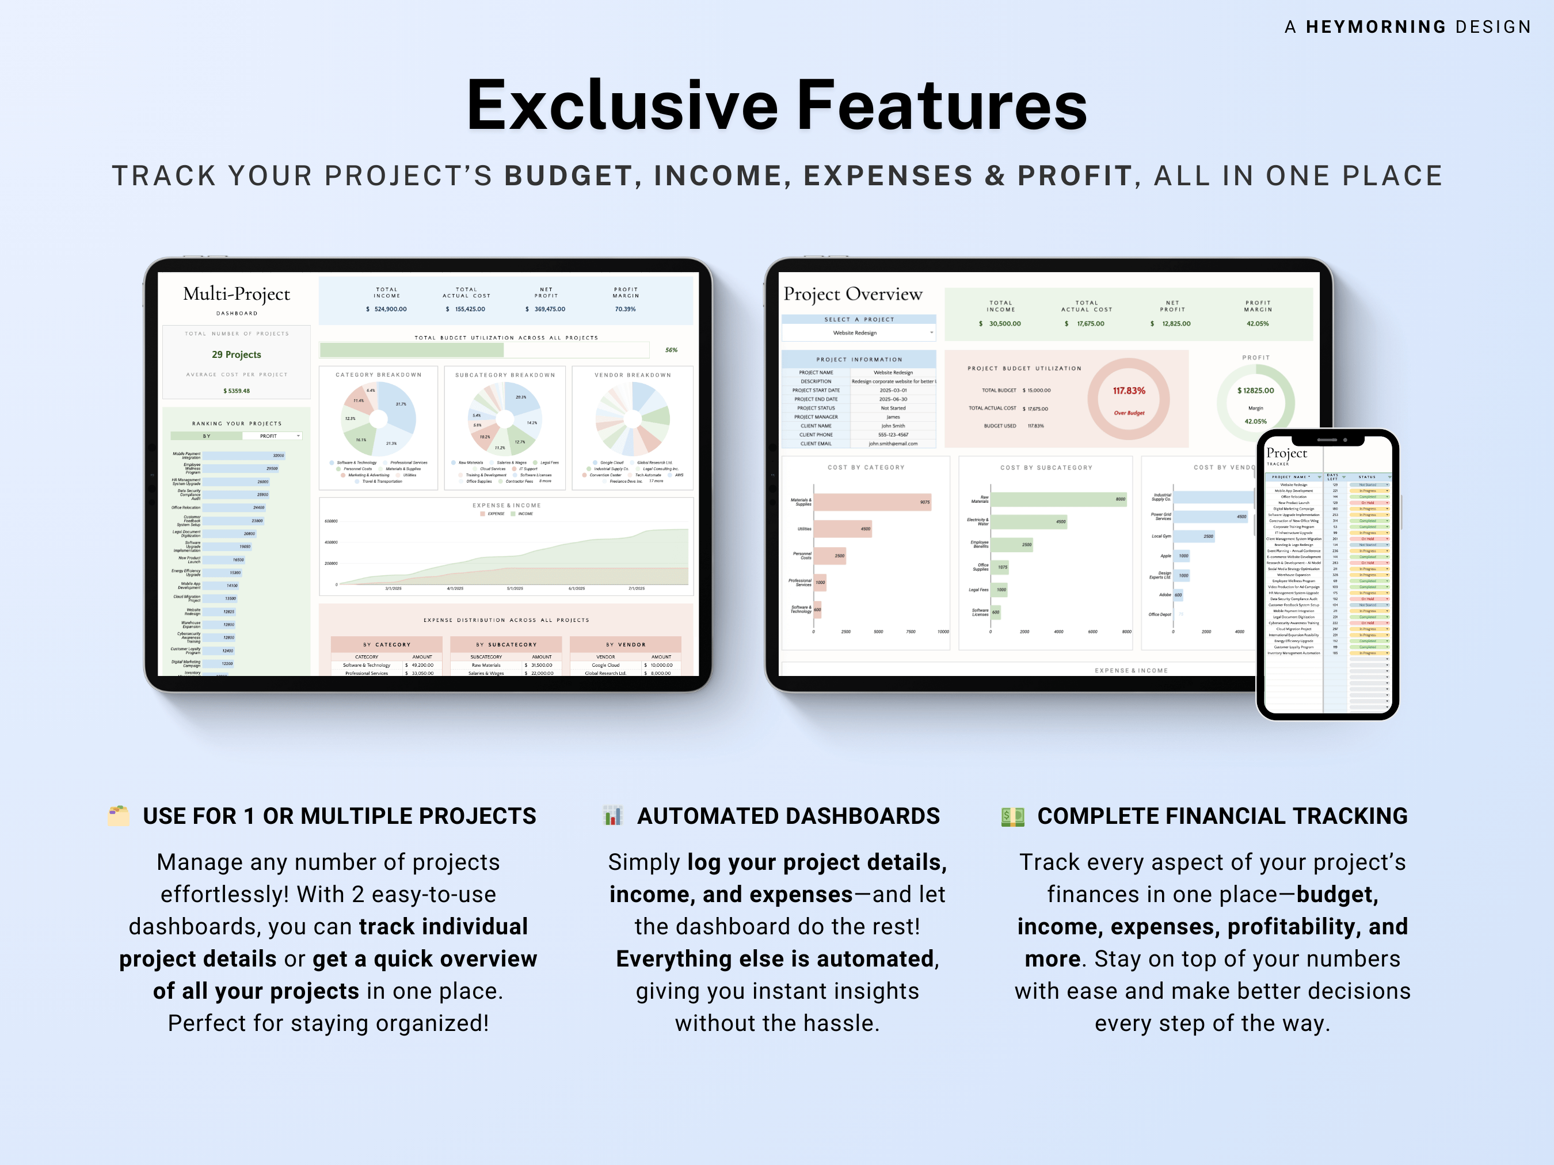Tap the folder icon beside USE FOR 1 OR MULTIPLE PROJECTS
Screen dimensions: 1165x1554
(x=119, y=815)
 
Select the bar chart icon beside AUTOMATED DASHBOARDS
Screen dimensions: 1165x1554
(x=612, y=815)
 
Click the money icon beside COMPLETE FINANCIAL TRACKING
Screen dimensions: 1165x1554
(x=1012, y=816)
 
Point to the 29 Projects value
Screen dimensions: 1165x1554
(x=236, y=354)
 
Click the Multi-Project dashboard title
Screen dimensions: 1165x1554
(x=236, y=293)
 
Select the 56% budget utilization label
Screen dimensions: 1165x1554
(x=671, y=350)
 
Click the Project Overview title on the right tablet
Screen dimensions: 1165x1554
(x=852, y=293)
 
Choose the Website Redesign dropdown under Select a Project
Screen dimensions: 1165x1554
(x=859, y=333)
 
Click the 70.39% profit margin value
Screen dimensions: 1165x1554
(x=624, y=309)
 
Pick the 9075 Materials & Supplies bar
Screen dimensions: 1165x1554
(x=872, y=502)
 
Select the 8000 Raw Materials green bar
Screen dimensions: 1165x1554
(x=1058, y=499)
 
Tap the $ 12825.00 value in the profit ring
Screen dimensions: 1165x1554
(x=1255, y=391)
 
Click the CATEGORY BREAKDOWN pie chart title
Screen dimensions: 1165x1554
(x=378, y=375)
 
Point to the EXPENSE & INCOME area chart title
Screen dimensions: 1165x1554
(x=506, y=506)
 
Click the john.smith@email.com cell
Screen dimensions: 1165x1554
(x=892, y=444)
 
